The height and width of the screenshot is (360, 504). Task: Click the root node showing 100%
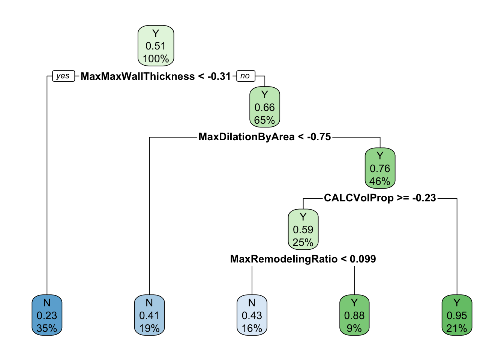pyautogui.click(x=156, y=46)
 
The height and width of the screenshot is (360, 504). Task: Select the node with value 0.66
pyautogui.click(x=265, y=107)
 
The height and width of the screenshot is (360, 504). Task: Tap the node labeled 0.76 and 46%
pyautogui.click(x=380, y=168)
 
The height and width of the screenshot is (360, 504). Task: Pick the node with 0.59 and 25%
pyautogui.click(x=303, y=229)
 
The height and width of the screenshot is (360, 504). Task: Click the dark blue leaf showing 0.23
pyautogui.click(x=47, y=315)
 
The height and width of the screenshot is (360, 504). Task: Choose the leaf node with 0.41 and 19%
pyautogui.click(x=149, y=315)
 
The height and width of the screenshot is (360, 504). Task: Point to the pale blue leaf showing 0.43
pyautogui.click(x=252, y=315)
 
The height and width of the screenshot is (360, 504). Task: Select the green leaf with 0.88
pyautogui.click(x=354, y=315)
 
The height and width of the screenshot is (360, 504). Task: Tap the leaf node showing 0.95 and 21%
pyautogui.click(x=457, y=315)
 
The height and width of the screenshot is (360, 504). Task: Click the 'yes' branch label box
pyautogui.click(x=63, y=76)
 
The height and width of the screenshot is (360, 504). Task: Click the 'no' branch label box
pyautogui.click(x=245, y=76)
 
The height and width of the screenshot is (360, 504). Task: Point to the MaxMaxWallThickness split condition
pyautogui.click(x=156, y=76)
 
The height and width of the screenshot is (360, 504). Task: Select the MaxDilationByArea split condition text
pyautogui.click(x=264, y=137)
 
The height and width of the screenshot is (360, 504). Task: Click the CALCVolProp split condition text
pyautogui.click(x=379, y=198)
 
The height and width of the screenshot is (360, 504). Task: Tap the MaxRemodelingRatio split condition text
pyautogui.click(x=303, y=259)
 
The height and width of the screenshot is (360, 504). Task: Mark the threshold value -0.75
pyautogui.click(x=319, y=137)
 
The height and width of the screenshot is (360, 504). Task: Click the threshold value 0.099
pyautogui.click(x=363, y=259)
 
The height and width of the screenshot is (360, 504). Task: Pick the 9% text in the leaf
pyautogui.click(x=354, y=328)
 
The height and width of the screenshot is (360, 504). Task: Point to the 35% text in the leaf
pyautogui.click(x=47, y=328)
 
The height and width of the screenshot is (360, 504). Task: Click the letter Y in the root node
pyautogui.click(x=156, y=33)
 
